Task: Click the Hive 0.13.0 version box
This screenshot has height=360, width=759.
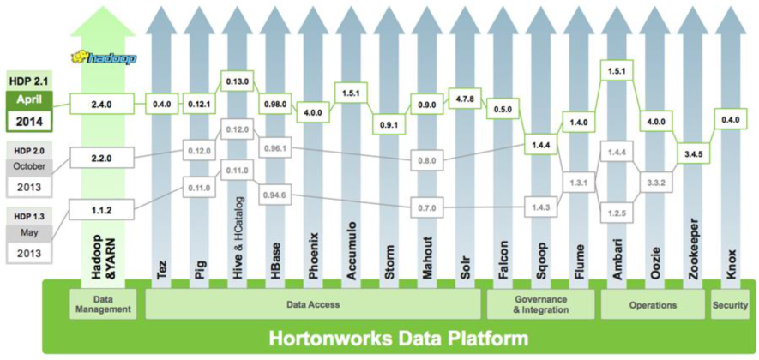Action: pyautogui.click(x=238, y=81)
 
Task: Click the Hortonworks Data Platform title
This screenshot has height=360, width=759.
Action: pyautogui.click(x=398, y=338)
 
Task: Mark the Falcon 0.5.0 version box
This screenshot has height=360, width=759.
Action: pyautogui.click(x=503, y=110)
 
